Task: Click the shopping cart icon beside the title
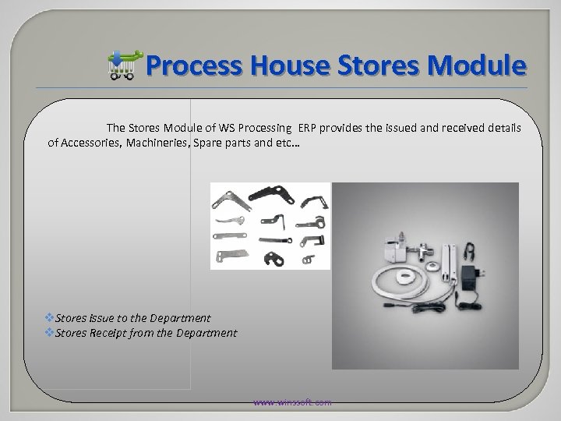(125, 66)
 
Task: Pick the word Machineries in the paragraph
(164, 143)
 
